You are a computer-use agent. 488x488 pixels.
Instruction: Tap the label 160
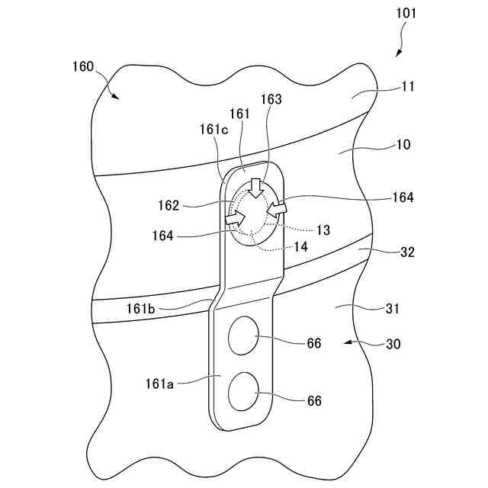[84, 66]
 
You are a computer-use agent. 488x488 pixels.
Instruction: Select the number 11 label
[407, 87]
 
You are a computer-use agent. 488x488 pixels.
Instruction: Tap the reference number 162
[170, 205]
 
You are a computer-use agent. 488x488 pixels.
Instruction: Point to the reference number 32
[407, 252]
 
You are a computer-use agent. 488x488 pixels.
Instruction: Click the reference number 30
[393, 344]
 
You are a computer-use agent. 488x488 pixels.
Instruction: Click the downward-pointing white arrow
[256, 186]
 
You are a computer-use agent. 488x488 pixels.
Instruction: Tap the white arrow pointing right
[236, 219]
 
